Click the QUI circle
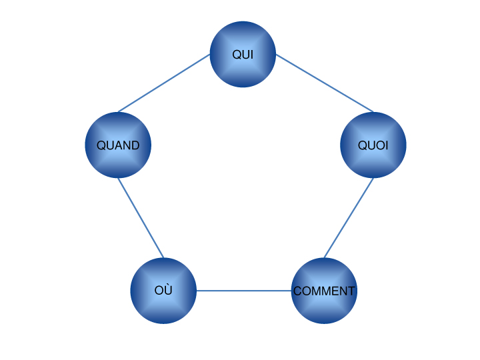(243, 40)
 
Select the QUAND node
(118, 160)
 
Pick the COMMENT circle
(324, 307)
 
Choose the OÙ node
(163, 307)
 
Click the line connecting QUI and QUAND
(164, 83)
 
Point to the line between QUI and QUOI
(325, 83)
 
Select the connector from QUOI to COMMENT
(349, 218)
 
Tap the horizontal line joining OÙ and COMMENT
(244, 291)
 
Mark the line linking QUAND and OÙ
(141, 217)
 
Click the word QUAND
(118, 145)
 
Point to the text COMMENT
(324, 291)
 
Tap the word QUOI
(373, 145)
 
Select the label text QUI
(243, 55)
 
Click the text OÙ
(163, 291)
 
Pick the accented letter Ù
(168, 291)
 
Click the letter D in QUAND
(135, 145)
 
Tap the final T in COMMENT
(351, 291)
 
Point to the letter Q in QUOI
(363, 145)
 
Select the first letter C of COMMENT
(297, 291)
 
